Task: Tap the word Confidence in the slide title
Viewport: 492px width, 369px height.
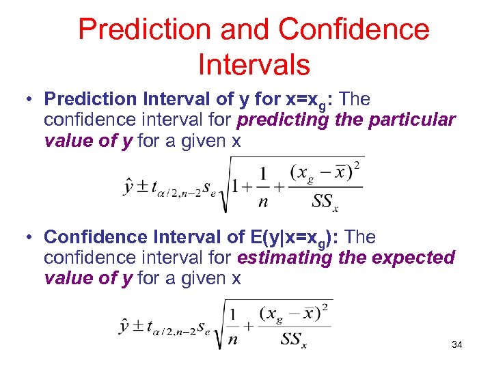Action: click(355, 29)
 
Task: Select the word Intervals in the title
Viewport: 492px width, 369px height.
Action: click(254, 65)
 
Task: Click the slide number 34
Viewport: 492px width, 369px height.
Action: click(456, 344)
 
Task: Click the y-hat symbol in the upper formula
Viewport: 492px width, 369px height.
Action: click(129, 187)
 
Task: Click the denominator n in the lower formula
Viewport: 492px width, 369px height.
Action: click(234, 340)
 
